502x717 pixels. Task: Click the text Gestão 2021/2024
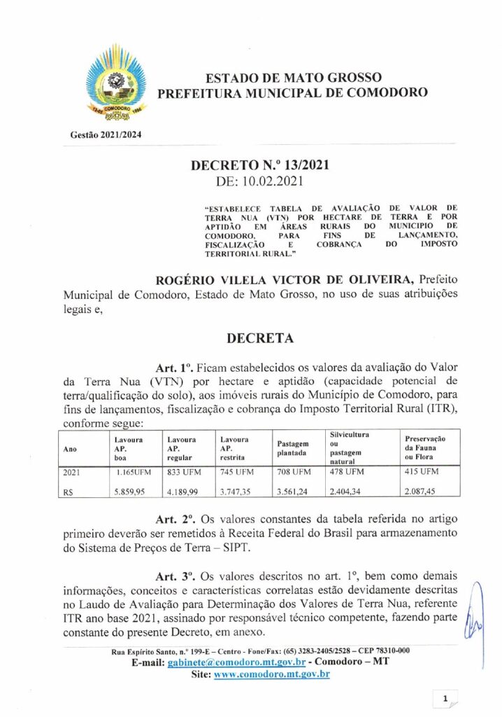coord(105,134)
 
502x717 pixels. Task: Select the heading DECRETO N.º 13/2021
coord(259,166)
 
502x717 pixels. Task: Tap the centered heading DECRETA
coord(259,338)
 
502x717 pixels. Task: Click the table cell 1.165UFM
coord(134,471)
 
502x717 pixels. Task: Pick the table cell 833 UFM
coord(184,471)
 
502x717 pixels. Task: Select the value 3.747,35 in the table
coord(235,491)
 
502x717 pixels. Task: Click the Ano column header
coord(71,450)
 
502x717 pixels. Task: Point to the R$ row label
coord(69,491)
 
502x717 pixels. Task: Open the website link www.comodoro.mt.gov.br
coord(271,674)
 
